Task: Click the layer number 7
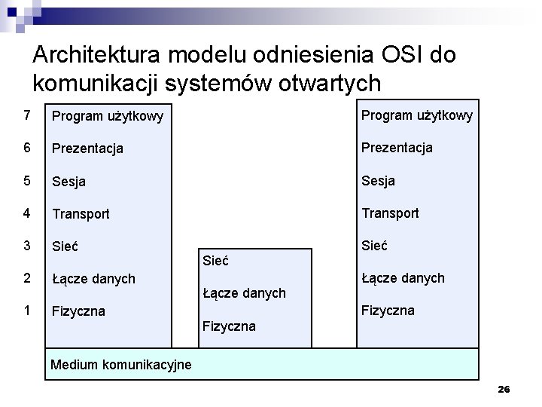pos(28,115)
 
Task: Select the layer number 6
pos(28,148)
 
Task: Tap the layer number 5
pos(28,181)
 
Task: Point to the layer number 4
pos(28,213)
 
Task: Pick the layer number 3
pos(28,246)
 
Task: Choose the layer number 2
pos(28,278)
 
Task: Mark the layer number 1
pos(28,311)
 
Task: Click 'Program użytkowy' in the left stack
pos(107,117)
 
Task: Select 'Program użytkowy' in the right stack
pos(417,115)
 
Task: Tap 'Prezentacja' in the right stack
pos(397,148)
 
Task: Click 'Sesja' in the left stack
pos(69,182)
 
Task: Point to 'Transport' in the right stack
pos(390,213)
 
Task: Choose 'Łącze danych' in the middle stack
pos(245,293)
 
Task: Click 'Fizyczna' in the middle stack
pos(229,326)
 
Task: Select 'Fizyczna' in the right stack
pos(388,311)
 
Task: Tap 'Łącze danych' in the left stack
pos(93,279)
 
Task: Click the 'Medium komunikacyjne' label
pos(120,366)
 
